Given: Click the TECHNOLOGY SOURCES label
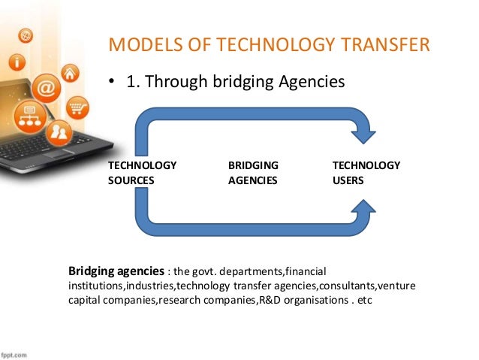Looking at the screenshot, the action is point(142,173).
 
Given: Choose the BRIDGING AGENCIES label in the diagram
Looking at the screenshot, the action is point(253,173).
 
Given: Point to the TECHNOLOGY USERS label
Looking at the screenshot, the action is point(366,173).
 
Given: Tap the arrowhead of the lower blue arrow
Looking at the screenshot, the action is point(366,210).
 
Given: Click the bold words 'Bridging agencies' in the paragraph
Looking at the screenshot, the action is point(116,271).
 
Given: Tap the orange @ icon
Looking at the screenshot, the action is point(46,87).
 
